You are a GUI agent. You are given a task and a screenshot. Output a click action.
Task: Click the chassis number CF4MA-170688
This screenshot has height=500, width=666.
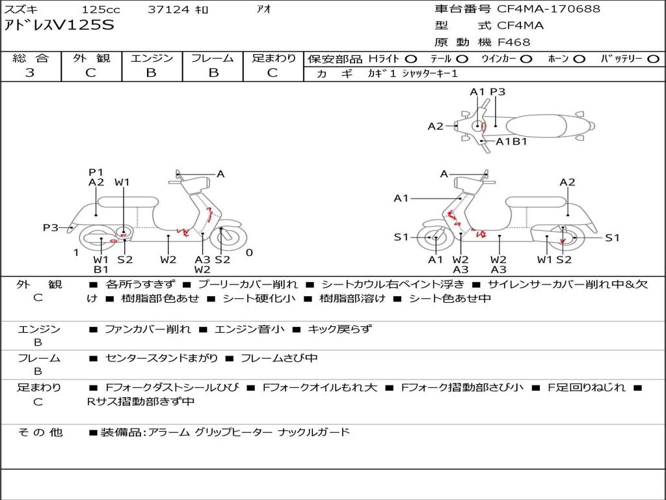(548, 8)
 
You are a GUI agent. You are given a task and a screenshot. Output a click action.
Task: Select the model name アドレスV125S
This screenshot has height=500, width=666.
(59, 25)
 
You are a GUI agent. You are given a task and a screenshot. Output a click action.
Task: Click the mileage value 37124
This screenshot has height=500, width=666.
(168, 9)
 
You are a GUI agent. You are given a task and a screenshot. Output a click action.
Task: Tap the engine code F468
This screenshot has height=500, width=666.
(514, 42)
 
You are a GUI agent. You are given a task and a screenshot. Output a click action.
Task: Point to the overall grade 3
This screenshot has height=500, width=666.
(30, 73)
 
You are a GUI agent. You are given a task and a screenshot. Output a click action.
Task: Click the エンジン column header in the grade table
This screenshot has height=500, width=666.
(152, 58)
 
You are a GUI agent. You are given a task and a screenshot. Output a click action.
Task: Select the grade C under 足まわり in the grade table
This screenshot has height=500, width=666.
(273, 73)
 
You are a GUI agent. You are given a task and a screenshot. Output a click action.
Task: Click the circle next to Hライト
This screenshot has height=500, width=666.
(411, 59)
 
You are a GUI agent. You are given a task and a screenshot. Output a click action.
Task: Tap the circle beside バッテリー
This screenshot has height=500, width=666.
(654, 59)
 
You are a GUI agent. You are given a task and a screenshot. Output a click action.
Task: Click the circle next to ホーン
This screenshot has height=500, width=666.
(579, 59)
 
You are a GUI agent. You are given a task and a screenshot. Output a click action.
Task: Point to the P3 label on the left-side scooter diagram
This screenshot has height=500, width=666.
(51, 227)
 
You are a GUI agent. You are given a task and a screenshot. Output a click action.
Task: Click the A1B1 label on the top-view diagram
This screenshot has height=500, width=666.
(511, 141)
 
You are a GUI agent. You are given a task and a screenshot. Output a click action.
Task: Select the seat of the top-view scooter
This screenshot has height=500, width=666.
(537, 126)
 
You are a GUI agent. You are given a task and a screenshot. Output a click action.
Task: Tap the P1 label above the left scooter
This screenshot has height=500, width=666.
(96, 172)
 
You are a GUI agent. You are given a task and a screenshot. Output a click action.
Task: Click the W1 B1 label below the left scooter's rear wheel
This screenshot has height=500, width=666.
(101, 264)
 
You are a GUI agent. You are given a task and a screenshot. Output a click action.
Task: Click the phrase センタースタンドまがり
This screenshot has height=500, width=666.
(161, 359)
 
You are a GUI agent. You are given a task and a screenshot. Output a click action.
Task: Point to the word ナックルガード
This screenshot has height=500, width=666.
(314, 432)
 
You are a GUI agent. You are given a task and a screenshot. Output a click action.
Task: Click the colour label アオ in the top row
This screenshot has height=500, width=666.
(264, 9)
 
